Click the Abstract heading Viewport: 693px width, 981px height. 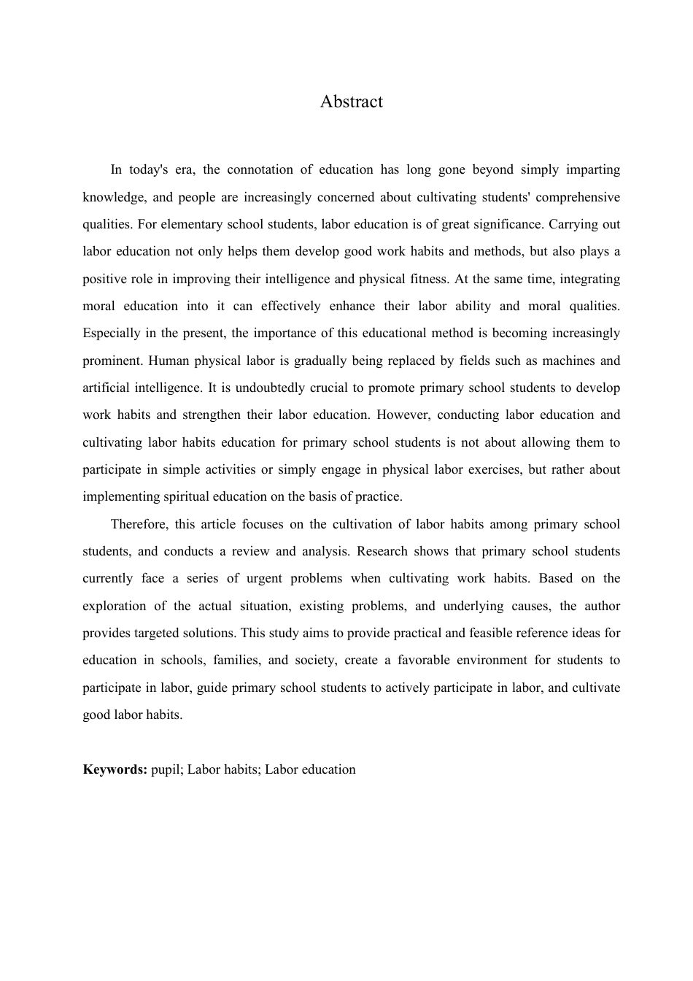(x=351, y=101)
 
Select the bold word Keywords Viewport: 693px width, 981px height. (x=115, y=769)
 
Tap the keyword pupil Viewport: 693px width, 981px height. (x=166, y=769)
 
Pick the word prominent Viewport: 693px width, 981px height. (x=112, y=361)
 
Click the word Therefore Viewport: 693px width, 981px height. (x=139, y=524)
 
